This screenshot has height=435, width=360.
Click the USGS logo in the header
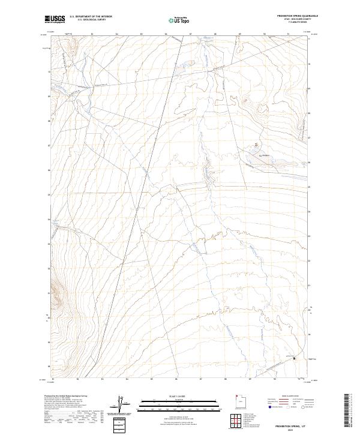[55, 20]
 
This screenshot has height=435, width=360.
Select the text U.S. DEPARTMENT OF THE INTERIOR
[91, 17]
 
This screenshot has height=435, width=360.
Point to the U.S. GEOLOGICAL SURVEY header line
[91, 20]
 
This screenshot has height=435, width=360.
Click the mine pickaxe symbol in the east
[257, 144]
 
